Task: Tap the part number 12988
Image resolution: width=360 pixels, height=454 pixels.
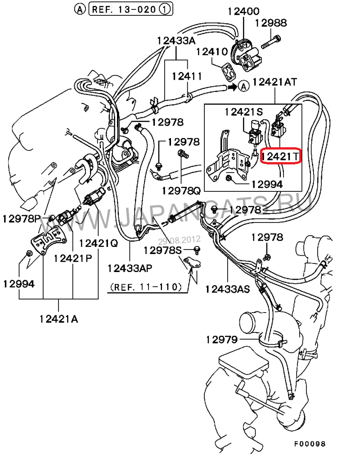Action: pos(271,23)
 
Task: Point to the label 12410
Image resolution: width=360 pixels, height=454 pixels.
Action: pos(211,52)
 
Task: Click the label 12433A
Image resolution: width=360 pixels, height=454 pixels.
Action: pos(176,41)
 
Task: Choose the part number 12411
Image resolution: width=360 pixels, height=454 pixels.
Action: pos(186,76)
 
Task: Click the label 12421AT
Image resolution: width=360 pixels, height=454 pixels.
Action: pos(275,82)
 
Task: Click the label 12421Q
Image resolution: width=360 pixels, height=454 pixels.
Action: pos(99,243)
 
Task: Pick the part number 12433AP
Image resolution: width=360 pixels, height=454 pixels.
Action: pos(130,268)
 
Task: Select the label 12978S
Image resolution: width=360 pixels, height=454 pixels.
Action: pos(162,250)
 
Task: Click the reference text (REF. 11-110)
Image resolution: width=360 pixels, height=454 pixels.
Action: pos(145,286)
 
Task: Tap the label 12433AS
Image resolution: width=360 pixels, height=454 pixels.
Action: pos(228,289)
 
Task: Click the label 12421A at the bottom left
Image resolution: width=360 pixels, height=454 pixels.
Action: pos(58,319)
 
